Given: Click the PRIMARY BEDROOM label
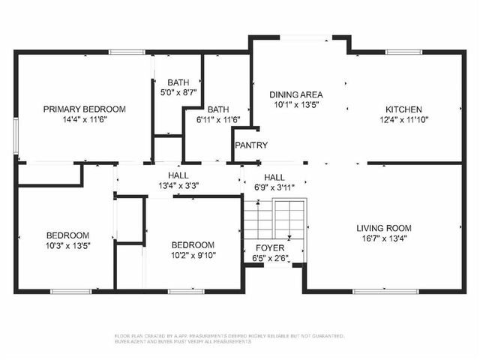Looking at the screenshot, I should coord(84,109).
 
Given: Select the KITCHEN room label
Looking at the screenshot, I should coord(403,109).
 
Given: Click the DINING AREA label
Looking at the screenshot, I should coord(296,94).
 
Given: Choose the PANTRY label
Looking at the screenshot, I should coord(250,145).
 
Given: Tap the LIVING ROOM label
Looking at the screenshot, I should coord(383,228).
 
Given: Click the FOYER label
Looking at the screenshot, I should coord(270,247).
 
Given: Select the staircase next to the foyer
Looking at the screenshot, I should coord(274,219).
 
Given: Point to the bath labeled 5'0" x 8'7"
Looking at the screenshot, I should coord(178,88).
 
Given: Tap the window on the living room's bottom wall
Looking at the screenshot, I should coord(375,291).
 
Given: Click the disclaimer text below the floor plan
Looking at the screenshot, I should coord(229,339).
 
